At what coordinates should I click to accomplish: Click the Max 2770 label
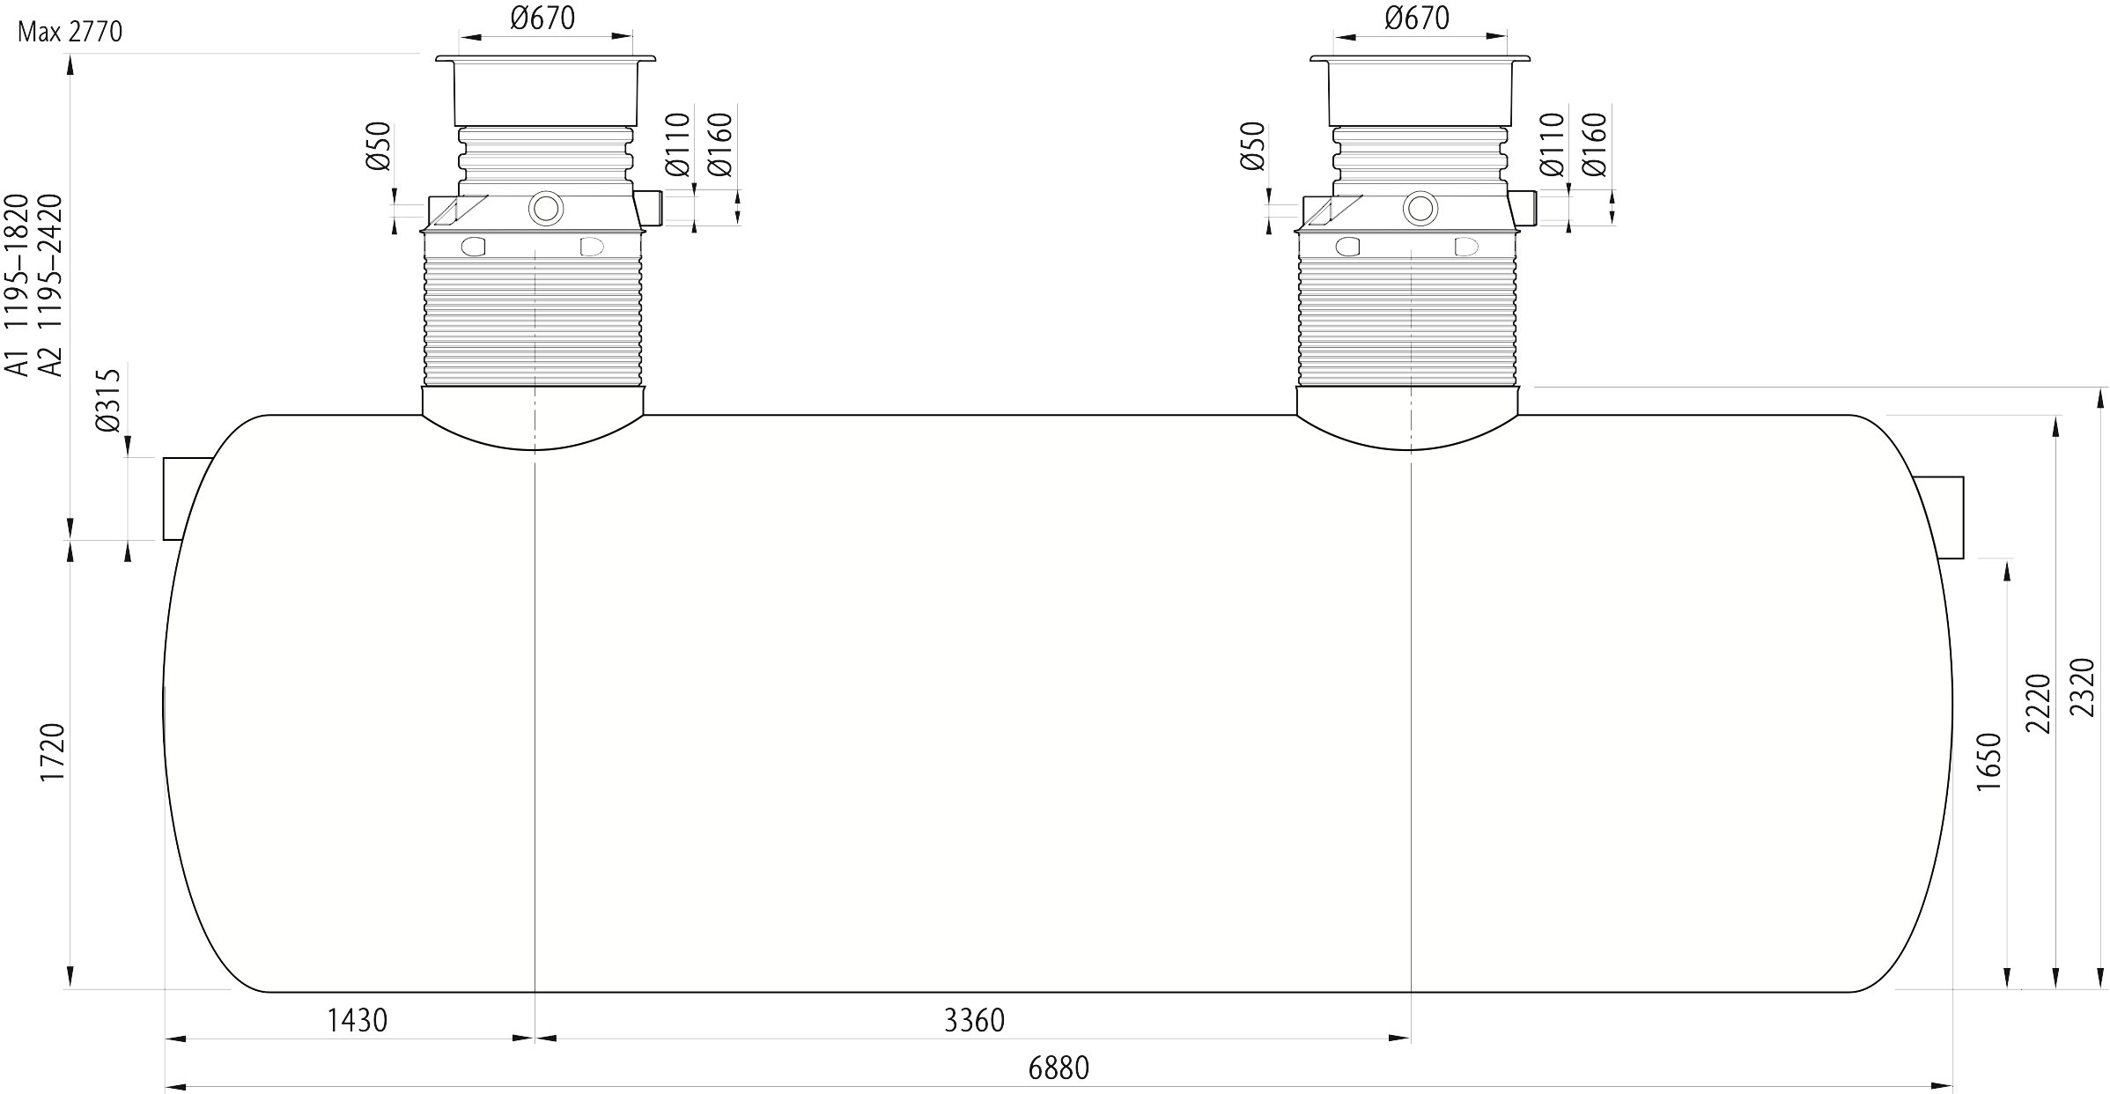(x=70, y=33)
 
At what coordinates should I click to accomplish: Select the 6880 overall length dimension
(x=1059, y=1068)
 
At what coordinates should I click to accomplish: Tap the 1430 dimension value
(x=358, y=1020)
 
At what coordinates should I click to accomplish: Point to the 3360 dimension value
(x=974, y=1020)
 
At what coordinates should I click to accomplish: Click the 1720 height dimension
(x=53, y=751)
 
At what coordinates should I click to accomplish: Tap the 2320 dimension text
(x=2085, y=687)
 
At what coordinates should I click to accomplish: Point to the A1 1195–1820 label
(x=17, y=285)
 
